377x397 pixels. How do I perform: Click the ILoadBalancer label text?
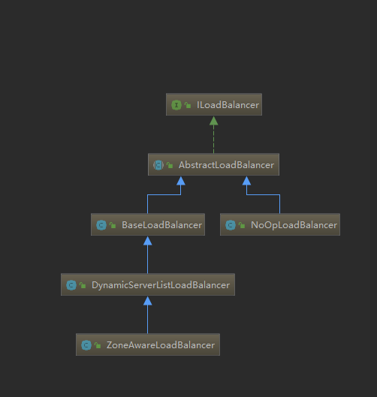pos(228,105)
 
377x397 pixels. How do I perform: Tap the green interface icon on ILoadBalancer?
pos(176,105)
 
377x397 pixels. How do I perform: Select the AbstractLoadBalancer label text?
pos(226,165)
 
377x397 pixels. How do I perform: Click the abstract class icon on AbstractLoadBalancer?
pos(158,165)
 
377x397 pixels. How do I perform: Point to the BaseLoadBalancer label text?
pos(161,225)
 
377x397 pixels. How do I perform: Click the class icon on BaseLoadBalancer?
pos(101,225)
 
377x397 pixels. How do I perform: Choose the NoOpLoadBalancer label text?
pos(294,225)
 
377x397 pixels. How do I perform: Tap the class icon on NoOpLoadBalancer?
pos(231,225)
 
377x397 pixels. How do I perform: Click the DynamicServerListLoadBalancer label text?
pos(161,285)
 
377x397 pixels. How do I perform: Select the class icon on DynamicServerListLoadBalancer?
pos(71,285)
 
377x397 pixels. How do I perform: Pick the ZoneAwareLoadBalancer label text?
pos(161,345)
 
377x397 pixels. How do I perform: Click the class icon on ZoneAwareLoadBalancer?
pos(86,345)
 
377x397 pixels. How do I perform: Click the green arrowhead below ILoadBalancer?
pos(213,121)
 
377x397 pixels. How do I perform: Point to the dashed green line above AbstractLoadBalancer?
pos(213,140)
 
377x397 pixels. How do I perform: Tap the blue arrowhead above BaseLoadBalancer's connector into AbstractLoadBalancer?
pos(181,181)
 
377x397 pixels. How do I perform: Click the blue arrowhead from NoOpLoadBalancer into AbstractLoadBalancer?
pos(246,181)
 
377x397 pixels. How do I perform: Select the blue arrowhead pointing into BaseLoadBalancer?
pos(148,241)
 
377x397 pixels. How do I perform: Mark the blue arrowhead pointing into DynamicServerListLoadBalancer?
pos(148,301)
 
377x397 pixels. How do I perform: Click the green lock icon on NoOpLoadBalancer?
pos(242,225)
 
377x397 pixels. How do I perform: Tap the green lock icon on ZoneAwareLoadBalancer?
pos(98,345)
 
